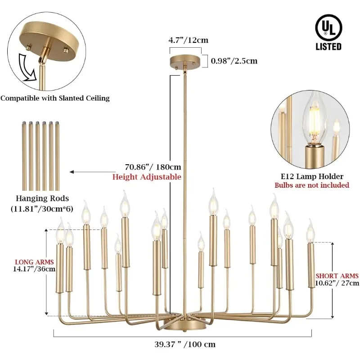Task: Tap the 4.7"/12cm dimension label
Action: coord(189,40)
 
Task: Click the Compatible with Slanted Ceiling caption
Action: coord(55,98)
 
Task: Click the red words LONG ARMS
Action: coord(35,262)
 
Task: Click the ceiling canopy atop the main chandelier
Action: coord(185,62)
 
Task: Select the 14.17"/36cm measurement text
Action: coord(35,269)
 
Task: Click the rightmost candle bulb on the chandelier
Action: coord(310,231)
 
